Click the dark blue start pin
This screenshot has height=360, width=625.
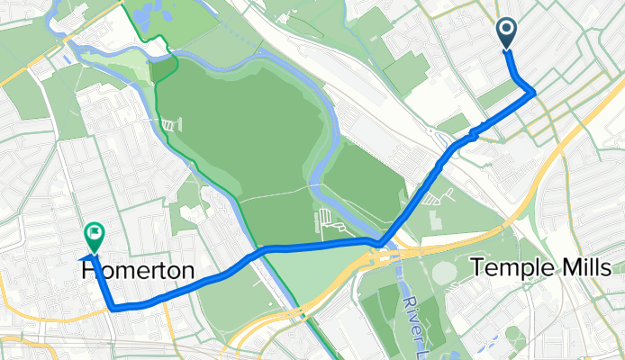(x=506, y=33)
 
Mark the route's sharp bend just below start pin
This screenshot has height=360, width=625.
(x=534, y=92)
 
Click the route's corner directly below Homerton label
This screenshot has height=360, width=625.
(x=113, y=308)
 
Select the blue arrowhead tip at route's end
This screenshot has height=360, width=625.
(x=84, y=257)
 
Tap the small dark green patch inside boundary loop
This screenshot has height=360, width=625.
(x=165, y=70)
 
